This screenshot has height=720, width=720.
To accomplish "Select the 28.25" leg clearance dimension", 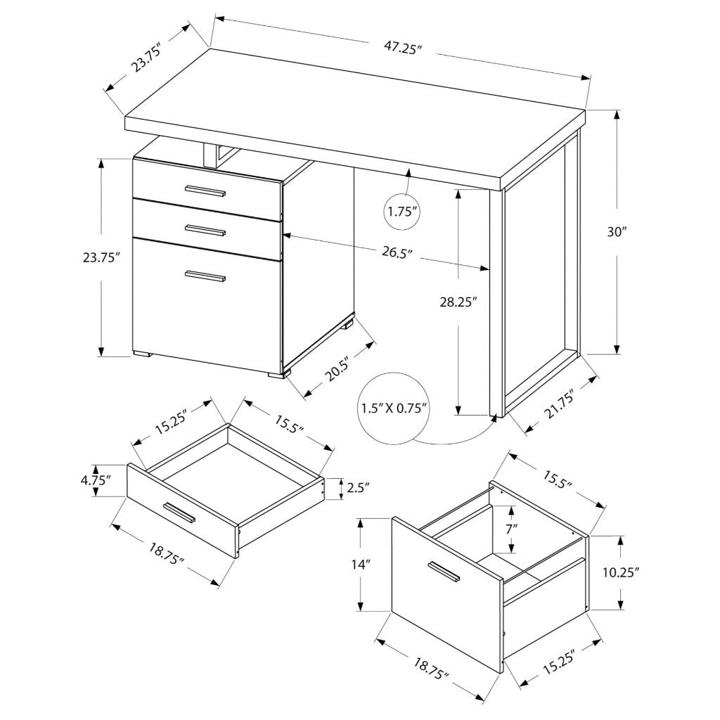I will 458,302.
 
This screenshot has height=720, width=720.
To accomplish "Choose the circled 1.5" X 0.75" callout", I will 394,409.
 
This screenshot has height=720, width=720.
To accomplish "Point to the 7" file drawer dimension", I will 510,527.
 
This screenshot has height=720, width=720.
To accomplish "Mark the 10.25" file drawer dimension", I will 621,572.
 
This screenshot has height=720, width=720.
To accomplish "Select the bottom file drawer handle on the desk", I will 205,276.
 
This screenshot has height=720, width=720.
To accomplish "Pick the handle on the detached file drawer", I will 444,572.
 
